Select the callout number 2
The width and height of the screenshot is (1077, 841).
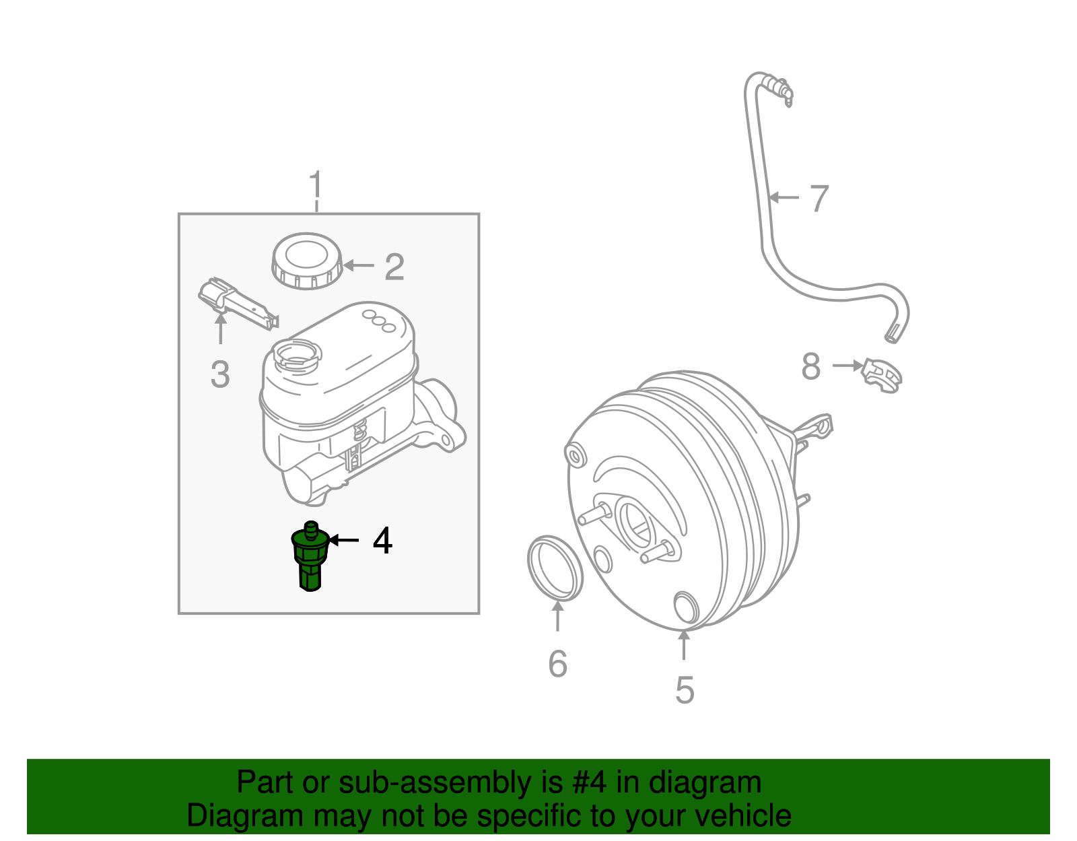point(394,267)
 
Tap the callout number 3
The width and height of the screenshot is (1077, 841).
point(220,374)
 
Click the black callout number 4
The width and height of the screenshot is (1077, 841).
point(382,541)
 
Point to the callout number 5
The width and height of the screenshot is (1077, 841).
point(684,690)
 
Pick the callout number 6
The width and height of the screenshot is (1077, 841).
point(557,664)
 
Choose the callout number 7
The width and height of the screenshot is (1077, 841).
point(819,199)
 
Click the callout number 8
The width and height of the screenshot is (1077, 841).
point(811,367)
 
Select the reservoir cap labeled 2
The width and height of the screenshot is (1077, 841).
point(306,261)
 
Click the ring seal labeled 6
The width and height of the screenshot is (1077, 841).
point(555,568)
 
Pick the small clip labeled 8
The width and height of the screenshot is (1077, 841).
point(882,375)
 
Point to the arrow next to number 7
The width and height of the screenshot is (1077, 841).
point(784,197)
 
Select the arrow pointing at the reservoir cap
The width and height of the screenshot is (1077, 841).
point(358,266)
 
